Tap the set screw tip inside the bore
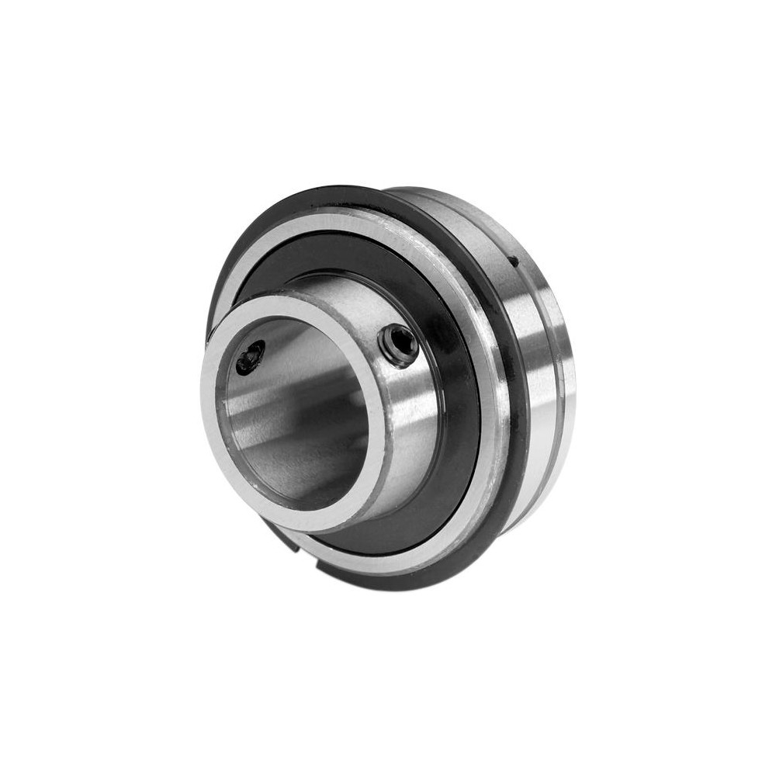pos(250,359)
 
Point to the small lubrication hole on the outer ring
pos(513,263)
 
